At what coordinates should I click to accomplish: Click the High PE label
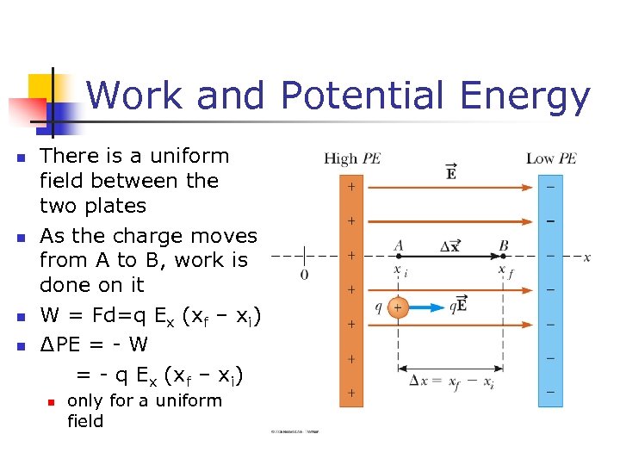(x=353, y=158)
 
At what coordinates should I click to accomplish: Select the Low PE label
(x=551, y=158)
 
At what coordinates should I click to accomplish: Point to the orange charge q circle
(x=397, y=307)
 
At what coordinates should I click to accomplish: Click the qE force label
(x=457, y=305)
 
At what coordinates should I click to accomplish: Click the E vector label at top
(x=451, y=172)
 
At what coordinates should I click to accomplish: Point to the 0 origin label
(x=304, y=275)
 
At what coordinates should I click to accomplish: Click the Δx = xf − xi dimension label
(x=451, y=382)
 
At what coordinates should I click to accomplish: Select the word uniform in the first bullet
(x=189, y=157)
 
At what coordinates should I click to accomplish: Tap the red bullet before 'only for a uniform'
(x=52, y=402)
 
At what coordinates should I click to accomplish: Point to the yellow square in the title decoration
(x=41, y=86)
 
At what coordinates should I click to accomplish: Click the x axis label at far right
(x=586, y=257)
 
